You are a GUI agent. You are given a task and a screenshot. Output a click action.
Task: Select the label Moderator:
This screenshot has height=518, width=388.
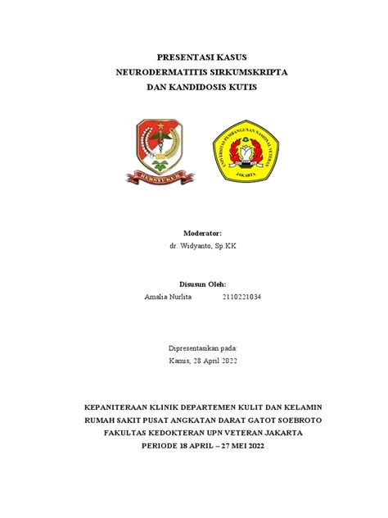pyautogui.click(x=194, y=234)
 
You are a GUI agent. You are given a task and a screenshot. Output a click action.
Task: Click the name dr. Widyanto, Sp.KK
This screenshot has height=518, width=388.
pyautogui.click(x=194, y=246)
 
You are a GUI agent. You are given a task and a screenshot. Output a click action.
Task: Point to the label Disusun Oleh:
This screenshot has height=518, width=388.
pyautogui.click(x=194, y=284)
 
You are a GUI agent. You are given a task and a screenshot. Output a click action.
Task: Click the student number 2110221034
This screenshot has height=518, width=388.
pyautogui.click(x=242, y=297)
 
